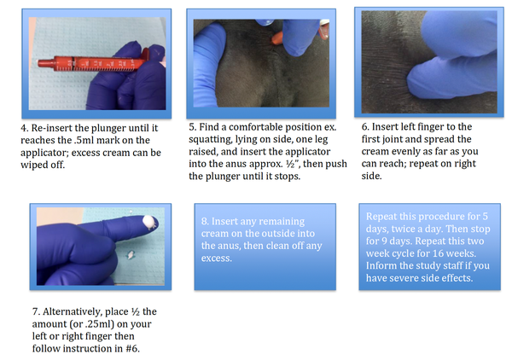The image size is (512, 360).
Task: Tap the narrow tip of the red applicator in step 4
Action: coord(40,62)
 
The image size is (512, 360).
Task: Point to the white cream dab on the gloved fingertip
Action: coord(148,222)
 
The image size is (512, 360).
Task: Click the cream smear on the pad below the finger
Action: coord(131,254)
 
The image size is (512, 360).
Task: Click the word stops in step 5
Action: coord(287,177)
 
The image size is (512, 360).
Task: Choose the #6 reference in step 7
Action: coord(132,349)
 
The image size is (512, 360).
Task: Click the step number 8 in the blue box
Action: coord(205,221)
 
